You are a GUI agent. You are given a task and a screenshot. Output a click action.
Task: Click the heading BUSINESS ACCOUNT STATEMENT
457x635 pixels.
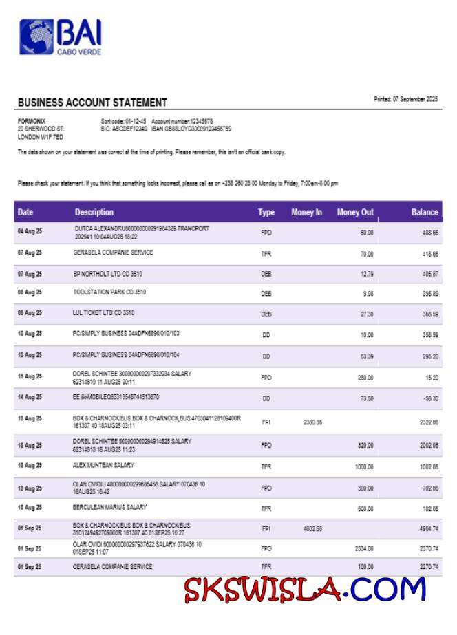coord(92,103)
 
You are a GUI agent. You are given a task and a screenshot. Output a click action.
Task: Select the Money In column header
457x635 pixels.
coord(306,213)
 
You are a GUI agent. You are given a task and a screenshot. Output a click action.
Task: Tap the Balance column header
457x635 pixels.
coord(425,213)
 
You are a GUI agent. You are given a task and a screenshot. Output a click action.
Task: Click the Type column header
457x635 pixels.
coord(266,213)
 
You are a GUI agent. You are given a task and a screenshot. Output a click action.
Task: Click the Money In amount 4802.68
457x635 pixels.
coord(312,528)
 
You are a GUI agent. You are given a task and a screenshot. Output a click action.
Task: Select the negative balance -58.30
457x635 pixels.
coord(430,398)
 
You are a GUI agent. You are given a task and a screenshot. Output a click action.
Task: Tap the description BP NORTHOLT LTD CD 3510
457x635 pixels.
coord(107,274)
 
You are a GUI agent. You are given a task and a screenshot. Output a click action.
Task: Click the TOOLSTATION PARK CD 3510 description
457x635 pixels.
coord(109,292)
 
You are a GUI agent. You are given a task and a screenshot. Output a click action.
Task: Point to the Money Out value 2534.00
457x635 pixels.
coord(363,548)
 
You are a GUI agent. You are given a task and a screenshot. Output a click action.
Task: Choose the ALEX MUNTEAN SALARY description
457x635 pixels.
coord(103,466)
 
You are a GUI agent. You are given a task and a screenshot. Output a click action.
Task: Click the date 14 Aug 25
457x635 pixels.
coord(30,398)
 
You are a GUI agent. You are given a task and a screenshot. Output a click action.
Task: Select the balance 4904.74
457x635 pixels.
coord(427,528)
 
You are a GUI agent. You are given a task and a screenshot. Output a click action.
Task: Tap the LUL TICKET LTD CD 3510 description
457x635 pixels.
coord(103,313)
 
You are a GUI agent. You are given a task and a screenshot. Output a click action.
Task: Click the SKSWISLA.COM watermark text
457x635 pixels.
coord(304,590)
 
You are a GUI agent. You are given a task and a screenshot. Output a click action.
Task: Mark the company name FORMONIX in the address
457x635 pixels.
coord(30,120)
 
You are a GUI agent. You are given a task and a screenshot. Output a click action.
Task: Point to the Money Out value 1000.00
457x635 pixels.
coord(363,466)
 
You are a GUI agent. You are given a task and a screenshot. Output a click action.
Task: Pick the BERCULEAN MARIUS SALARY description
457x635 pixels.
coord(109,507)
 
